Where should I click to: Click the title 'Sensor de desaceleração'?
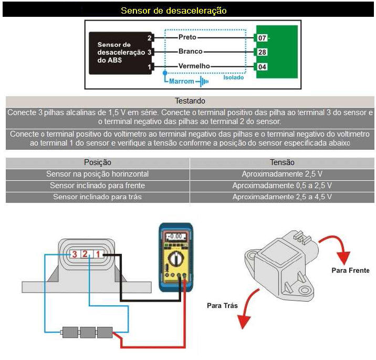tap(173, 11)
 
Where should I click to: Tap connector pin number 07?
tap(263, 38)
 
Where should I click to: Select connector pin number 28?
tap(263, 52)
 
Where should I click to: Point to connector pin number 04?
tap(263, 66)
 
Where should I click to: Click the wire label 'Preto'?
tap(187, 38)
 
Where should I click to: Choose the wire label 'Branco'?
tap(190, 52)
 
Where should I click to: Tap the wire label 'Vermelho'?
tap(194, 66)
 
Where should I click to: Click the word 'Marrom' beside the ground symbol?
tap(182, 81)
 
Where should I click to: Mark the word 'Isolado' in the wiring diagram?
tap(234, 77)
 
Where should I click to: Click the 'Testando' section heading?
tap(190, 101)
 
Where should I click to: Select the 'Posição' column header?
tap(98, 162)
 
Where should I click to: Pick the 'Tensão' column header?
tap(282, 162)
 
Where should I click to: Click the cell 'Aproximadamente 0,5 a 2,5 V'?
tap(282, 186)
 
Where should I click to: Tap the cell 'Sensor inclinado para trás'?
tap(98, 197)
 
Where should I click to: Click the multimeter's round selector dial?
tap(175, 259)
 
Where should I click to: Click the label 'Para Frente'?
tap(350, 270)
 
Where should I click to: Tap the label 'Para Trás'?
tap(222, 305)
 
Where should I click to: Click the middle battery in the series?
tap(88, 332)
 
